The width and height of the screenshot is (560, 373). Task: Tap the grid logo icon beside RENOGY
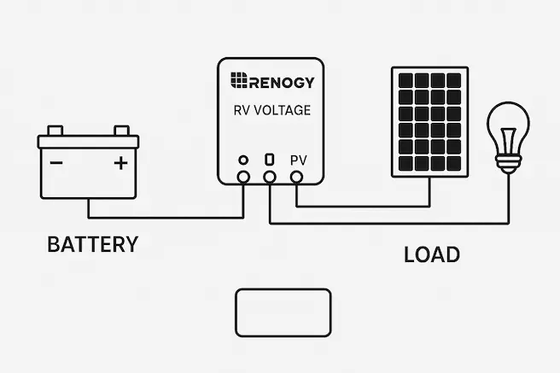pos(238,82)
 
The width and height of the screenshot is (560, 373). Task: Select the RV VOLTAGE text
pos(271,110)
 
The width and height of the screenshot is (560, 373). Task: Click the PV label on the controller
pos(299,160)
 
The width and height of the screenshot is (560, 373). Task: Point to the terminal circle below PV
pos(297,177)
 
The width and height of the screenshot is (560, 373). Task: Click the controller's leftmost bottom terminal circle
pos(243,177)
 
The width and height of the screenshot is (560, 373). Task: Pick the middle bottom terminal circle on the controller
pos(270,177)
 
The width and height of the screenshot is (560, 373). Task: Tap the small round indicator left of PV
pos(243,160)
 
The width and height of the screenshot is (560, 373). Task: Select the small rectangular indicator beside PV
pos(270,160)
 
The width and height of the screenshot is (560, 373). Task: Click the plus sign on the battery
pos(120,162)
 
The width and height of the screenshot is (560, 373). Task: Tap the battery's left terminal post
pos(55,131)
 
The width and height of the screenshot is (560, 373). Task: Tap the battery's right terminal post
pos(121,131)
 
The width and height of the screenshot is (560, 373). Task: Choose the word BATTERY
pos(92,245)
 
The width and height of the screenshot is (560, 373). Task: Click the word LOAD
pos(431,254)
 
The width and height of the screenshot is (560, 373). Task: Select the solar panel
pos(429,121)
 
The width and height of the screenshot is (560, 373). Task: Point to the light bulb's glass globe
pos(510,128)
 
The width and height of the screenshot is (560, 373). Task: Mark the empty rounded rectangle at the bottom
pos(283,312)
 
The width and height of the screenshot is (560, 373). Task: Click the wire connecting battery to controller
pos(162,215)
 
